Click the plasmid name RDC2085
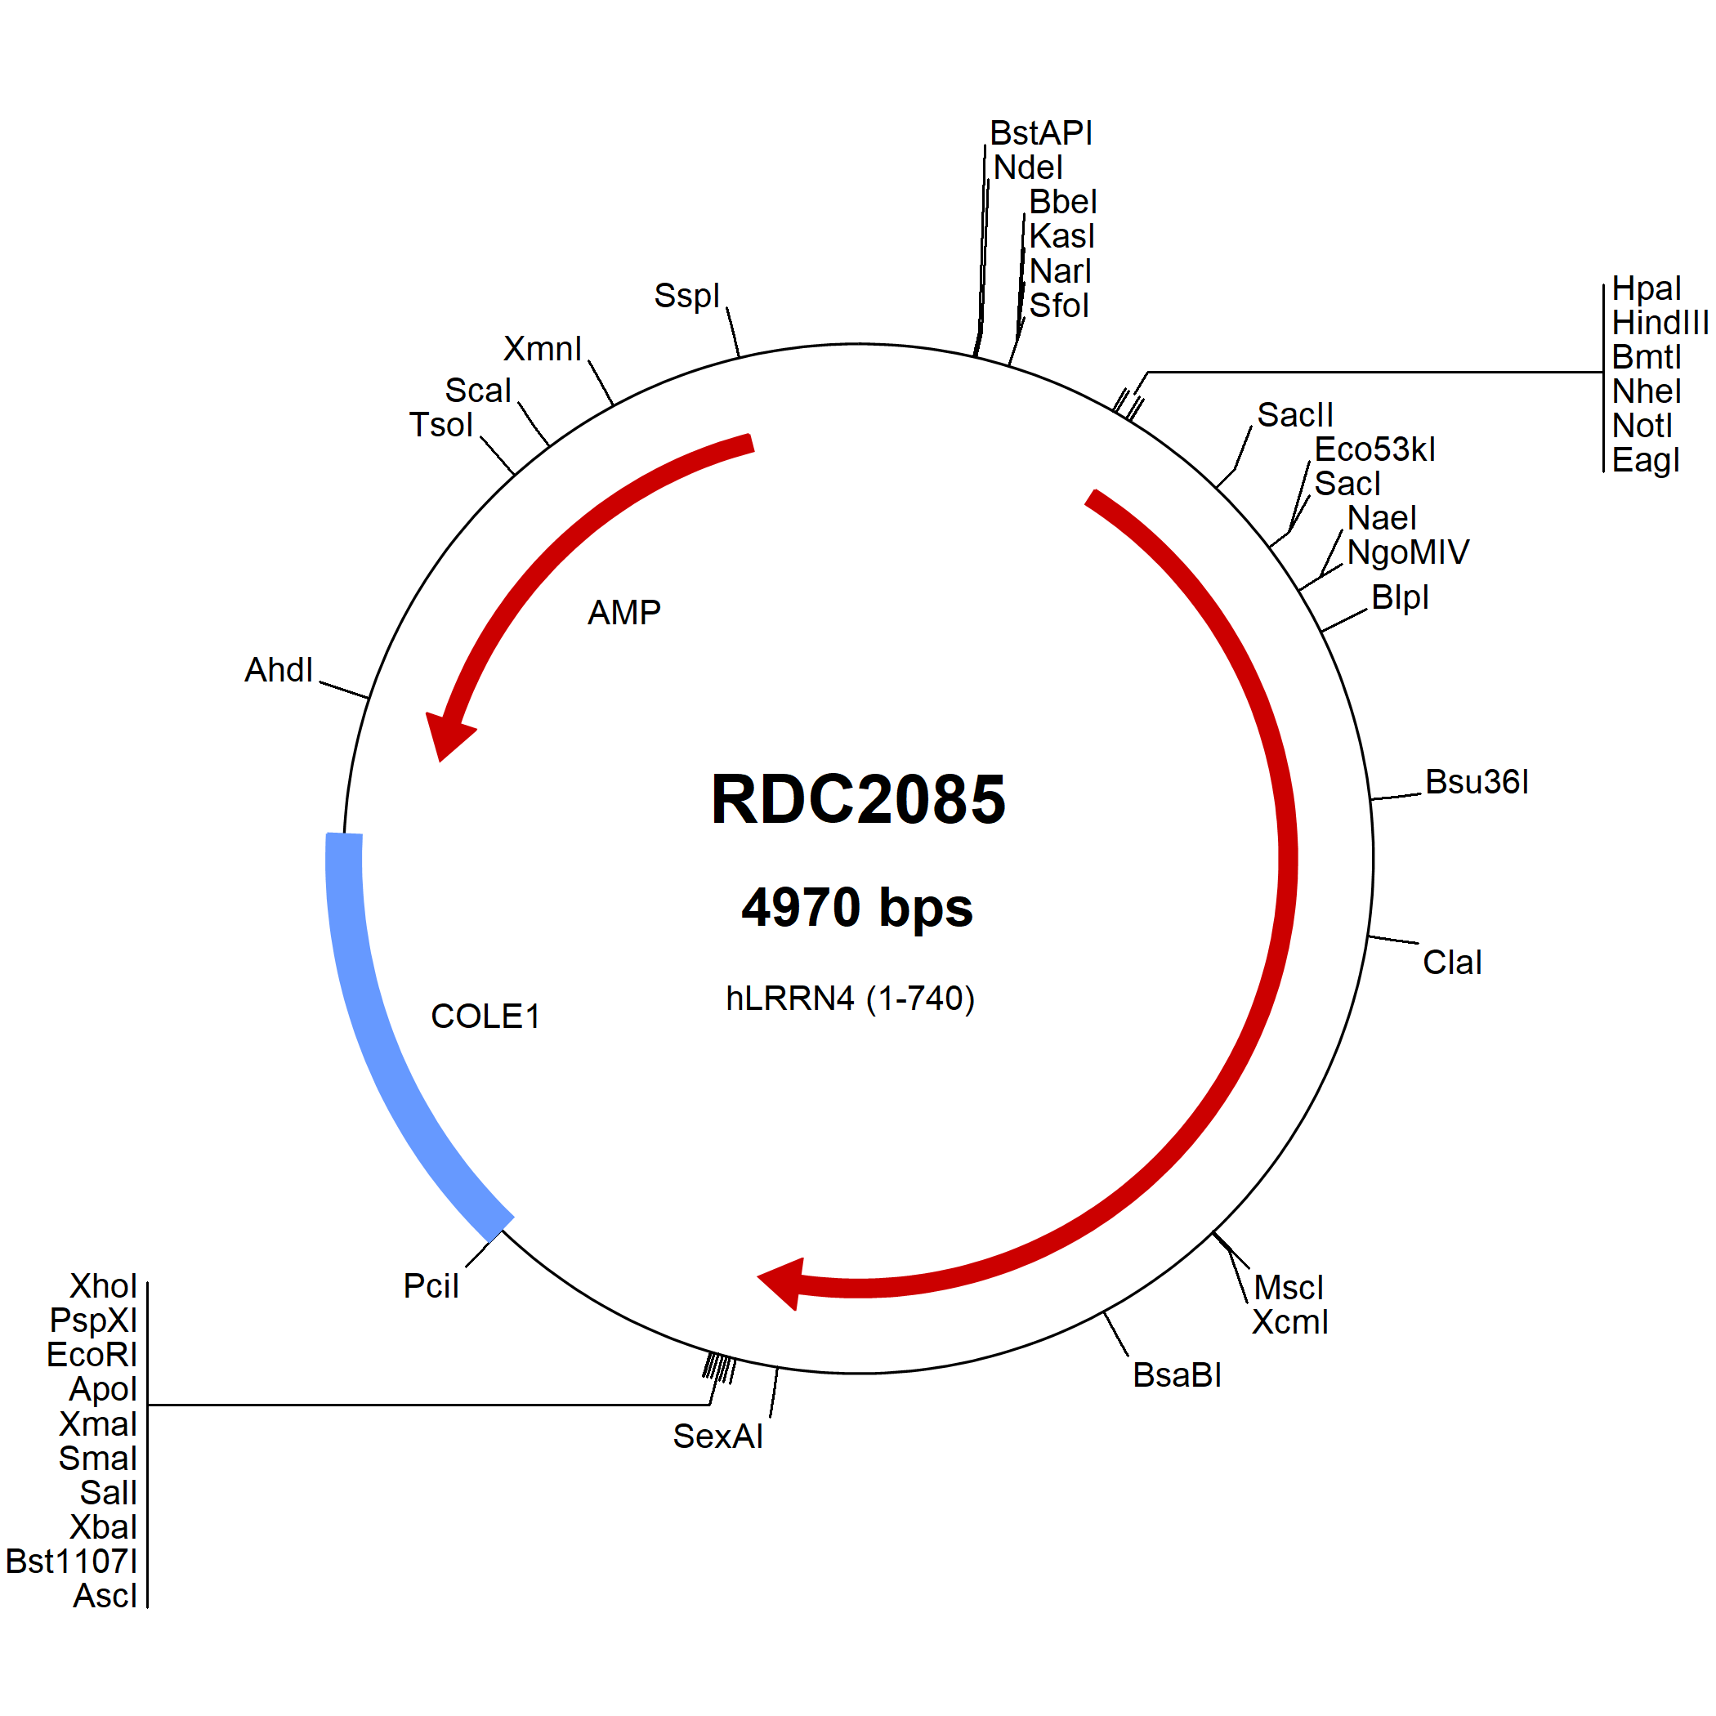858,799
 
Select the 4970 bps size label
857,908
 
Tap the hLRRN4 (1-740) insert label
850,999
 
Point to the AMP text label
623,612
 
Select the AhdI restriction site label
278,670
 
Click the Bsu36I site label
1477,782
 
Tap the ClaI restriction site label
1452,962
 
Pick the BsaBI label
1177,1375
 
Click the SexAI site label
717,1437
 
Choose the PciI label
431,1285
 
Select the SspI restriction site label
686,296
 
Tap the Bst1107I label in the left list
72,1561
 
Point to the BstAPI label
1041,133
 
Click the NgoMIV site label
1408,552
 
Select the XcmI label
1289,1321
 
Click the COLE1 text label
485,1016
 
